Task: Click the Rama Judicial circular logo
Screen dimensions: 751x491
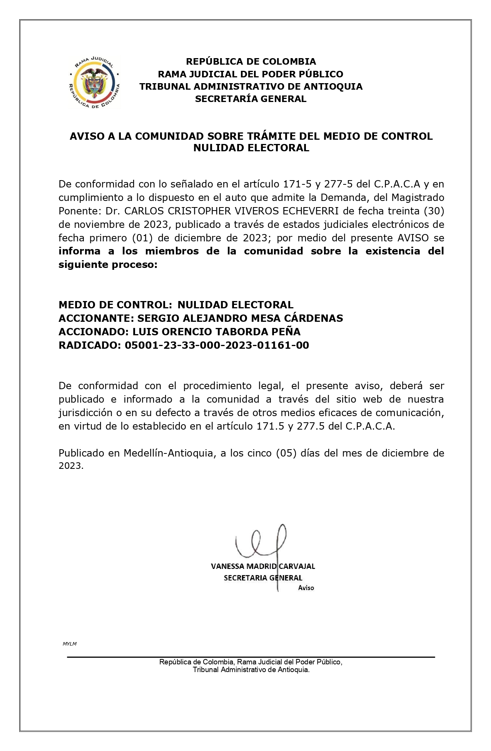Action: point(94,82)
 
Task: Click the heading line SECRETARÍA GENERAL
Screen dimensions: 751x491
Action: point(251,99)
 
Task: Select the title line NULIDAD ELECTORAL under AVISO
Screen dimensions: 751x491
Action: point(251,148)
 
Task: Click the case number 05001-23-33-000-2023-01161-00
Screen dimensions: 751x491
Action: point(217,345)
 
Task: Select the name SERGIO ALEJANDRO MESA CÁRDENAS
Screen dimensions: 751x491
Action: point(240,318)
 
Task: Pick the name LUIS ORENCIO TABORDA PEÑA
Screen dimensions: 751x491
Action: point(216,332)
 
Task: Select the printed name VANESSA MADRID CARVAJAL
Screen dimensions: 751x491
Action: point(263,566)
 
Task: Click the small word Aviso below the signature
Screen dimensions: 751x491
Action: point(306,588)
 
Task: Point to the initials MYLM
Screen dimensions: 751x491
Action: point(70,644)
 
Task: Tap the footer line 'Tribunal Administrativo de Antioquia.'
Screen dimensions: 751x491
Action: point(251,670)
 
